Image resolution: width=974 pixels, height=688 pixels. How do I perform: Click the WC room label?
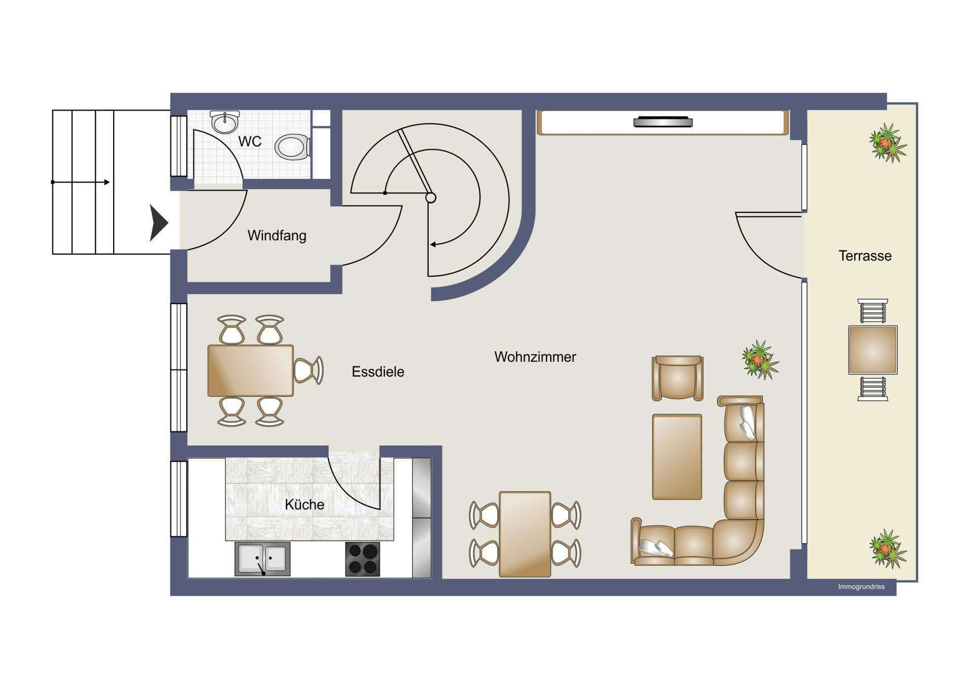pos(250,141)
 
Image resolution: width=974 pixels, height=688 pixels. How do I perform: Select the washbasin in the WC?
pos(224,122)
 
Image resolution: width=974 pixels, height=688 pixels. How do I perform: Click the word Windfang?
pos(276,235)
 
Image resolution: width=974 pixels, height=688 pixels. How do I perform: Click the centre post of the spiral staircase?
pos(431,198)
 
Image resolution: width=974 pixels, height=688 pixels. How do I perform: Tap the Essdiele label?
pos(378,372)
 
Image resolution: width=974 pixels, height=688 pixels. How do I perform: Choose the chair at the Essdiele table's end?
pos(308,371)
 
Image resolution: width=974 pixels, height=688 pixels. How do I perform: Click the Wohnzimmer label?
pos(535,357)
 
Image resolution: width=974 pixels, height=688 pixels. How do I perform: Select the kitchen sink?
pos(262,559)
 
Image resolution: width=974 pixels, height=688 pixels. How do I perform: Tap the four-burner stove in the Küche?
pos(362,559)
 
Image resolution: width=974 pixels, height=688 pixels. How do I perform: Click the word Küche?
pos(304,504)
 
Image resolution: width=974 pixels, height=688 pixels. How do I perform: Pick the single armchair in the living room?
pos(677,378)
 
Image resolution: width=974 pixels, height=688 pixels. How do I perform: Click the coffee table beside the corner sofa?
pos(677,456)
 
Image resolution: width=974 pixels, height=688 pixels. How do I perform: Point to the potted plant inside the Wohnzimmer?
pos(760,359)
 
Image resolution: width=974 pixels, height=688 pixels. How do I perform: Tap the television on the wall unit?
pos(663,122)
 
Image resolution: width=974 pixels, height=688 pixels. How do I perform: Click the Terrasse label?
pos(865,256)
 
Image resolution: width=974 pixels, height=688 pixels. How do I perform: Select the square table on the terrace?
pos(873,350)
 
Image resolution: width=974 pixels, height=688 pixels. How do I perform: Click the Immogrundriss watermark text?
pos(861,587)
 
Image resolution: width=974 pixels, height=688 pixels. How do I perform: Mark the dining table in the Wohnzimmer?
pos(525,534)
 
